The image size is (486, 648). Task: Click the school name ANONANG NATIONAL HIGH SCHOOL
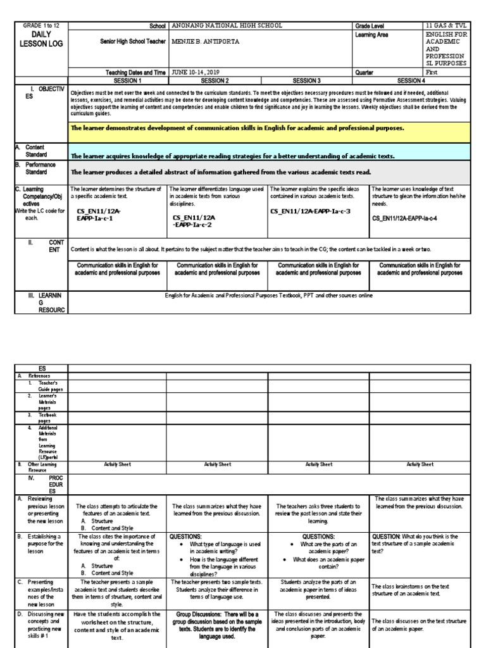coord(227,25)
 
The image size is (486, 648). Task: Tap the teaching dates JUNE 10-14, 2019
coord(202,72)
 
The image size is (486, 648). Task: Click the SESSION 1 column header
coord(118,80)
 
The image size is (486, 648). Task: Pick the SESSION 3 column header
coord(318,80)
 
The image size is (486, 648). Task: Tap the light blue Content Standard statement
coord(232,156)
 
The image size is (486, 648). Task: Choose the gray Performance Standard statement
coord(221,171)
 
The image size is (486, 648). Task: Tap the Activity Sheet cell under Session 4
coord(419,464)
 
